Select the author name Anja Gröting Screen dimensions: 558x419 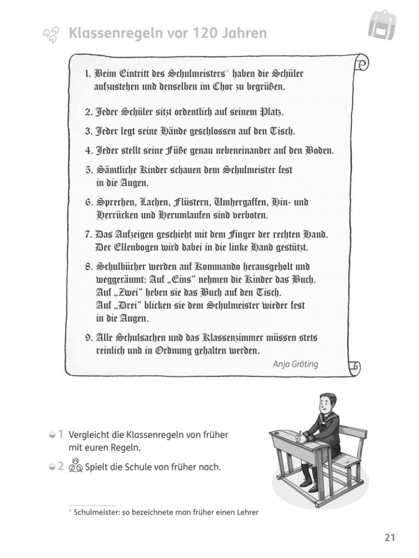pos(295,365)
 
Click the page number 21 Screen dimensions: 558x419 pos(389,537)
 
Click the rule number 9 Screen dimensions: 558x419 pos(89,337)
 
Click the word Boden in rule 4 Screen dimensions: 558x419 pos(319,150)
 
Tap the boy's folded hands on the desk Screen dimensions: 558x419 pos(302,436)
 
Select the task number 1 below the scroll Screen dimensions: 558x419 pos(61,434)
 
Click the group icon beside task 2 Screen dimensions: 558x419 pos(76,466)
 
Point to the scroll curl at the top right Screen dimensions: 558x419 pos(360,63)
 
